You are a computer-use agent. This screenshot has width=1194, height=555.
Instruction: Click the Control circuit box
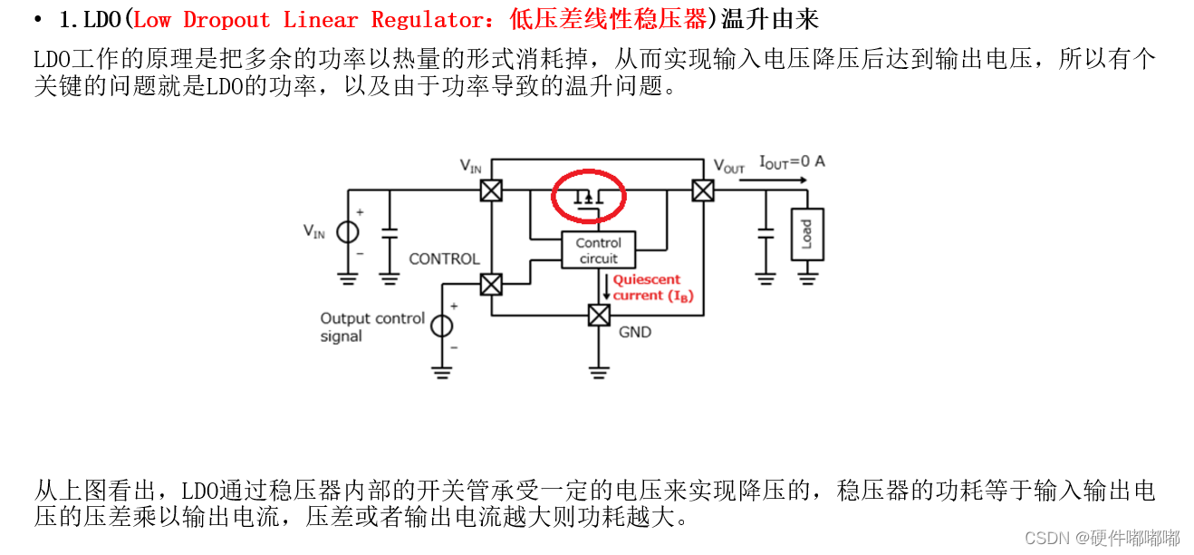[598, 250]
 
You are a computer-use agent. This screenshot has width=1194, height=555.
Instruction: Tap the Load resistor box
[806, 235]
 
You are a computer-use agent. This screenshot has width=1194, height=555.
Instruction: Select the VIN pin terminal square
[491, 190]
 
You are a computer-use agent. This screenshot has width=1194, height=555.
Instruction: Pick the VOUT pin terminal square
[702, 190]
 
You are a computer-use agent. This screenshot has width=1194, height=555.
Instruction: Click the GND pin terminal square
[599, 315]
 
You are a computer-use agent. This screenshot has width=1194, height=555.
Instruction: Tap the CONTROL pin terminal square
[491, 285]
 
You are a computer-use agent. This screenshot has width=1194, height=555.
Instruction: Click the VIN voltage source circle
[347, 232]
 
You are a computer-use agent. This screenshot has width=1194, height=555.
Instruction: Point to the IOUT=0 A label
[792, 162]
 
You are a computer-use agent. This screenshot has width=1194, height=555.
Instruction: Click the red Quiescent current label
[652, 287]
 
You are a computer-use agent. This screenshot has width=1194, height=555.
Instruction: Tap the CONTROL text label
[444, 259]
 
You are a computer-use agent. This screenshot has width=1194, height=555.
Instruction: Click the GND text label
[635, 333]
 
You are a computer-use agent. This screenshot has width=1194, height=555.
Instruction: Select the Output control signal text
[371, 327]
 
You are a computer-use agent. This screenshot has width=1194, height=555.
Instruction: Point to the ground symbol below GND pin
[599, 370]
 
